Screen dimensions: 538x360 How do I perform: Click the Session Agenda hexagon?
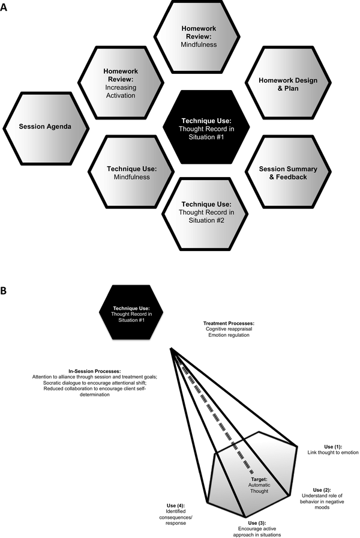click(45, 127)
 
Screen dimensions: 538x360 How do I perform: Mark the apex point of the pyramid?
click(171, 348)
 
